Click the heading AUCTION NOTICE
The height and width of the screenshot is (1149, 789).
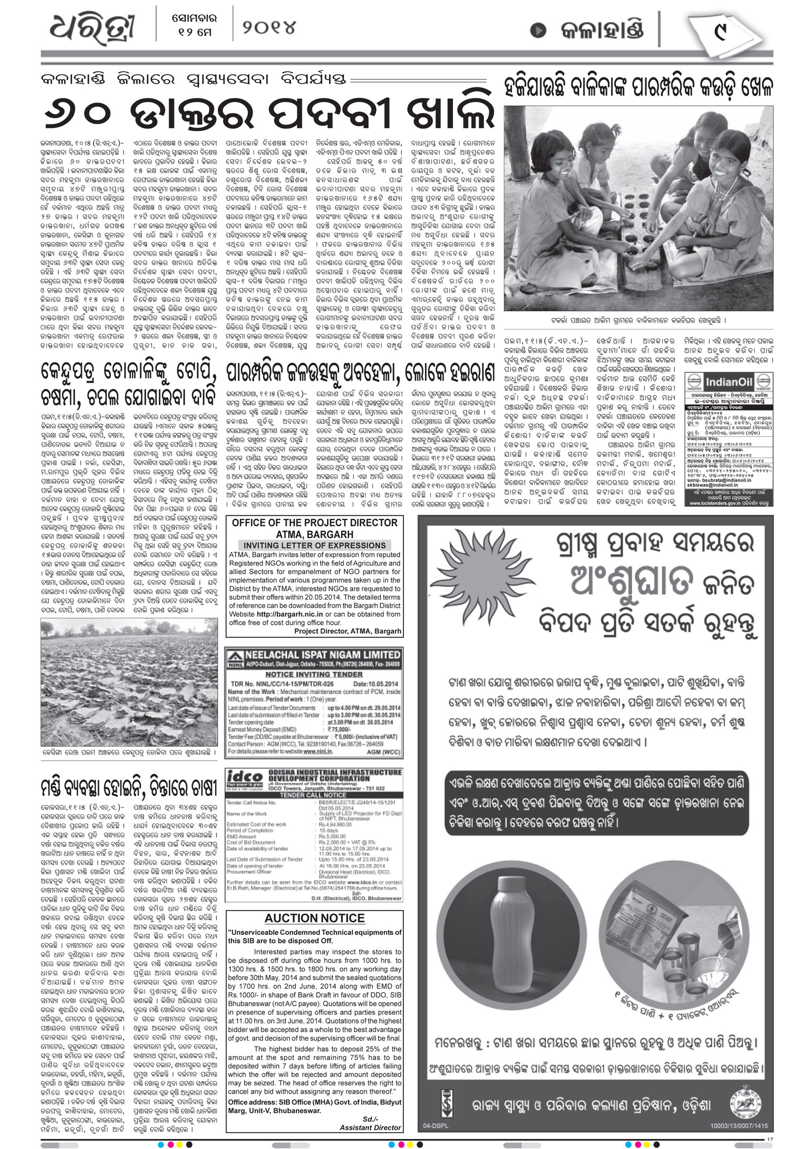(x=315, y=918)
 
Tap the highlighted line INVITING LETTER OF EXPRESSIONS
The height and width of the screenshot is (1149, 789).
(x=315, y=545)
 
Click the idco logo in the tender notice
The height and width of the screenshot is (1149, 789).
(x=244, y=777)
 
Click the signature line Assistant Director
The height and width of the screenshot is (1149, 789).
(x=370, y=1127)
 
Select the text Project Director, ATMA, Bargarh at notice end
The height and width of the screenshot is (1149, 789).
(x=348, y=631)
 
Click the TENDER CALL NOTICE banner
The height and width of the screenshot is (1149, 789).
(x=314, y=795)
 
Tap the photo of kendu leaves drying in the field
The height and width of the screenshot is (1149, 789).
(x=129, y=683)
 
